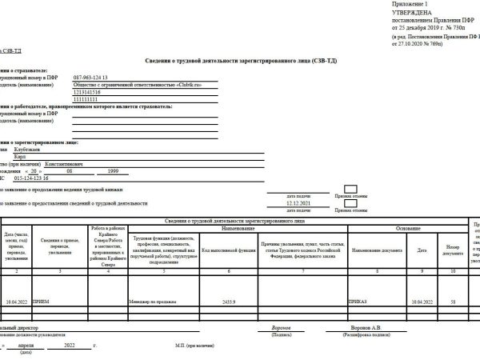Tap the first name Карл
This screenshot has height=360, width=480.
pyautogui.click(x=42, y=156)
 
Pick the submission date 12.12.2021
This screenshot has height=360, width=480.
pyautogui.click(x=297, y=203)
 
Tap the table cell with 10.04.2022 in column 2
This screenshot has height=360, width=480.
pyautogui.click(x=16, y=303)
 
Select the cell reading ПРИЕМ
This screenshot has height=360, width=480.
pyautogui.click(x=42, y=303)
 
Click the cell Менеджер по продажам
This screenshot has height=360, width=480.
pyautogui.click(x=152, y=303)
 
